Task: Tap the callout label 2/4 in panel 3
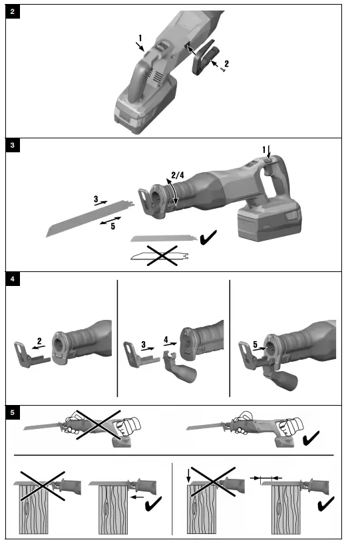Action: coord(176,176)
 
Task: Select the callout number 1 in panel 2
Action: coord(140,38)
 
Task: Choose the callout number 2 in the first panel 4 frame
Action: coord(39,342)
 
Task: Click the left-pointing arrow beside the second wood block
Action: coord(138,496)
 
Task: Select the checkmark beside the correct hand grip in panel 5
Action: coord(311,440)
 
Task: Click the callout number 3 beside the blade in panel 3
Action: coord(96,198)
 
